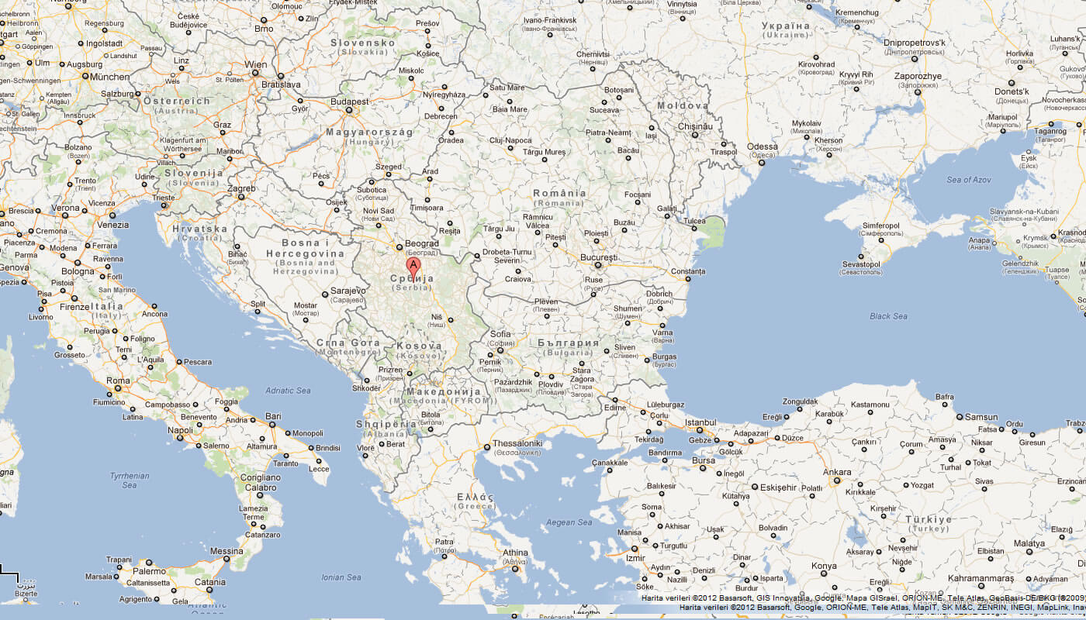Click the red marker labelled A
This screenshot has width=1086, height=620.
[x=413, y=267]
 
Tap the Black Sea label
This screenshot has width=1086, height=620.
[x=888, y=316]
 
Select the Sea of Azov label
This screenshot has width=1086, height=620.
[x=968, y=180]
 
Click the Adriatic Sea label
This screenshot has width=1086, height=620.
[x=288, y=391]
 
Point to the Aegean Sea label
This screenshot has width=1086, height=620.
[x=569, y=522]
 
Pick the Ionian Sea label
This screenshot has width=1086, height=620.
[x=341, y=577]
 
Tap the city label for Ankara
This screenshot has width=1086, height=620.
[x=837, y=471]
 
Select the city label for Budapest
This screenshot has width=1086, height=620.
[x=348, y=102]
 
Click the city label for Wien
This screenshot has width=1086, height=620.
[x=256, y=64]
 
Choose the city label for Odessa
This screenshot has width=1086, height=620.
[x=762, y=146]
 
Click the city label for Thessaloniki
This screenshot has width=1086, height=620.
[x=518, y=443]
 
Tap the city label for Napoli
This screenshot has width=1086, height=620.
[x=180, y=430]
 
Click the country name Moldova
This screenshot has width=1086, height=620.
[x=683, y=105]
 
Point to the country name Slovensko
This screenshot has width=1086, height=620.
[x=363, y=43]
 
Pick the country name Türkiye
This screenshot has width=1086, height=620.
[x=928, y=519]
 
